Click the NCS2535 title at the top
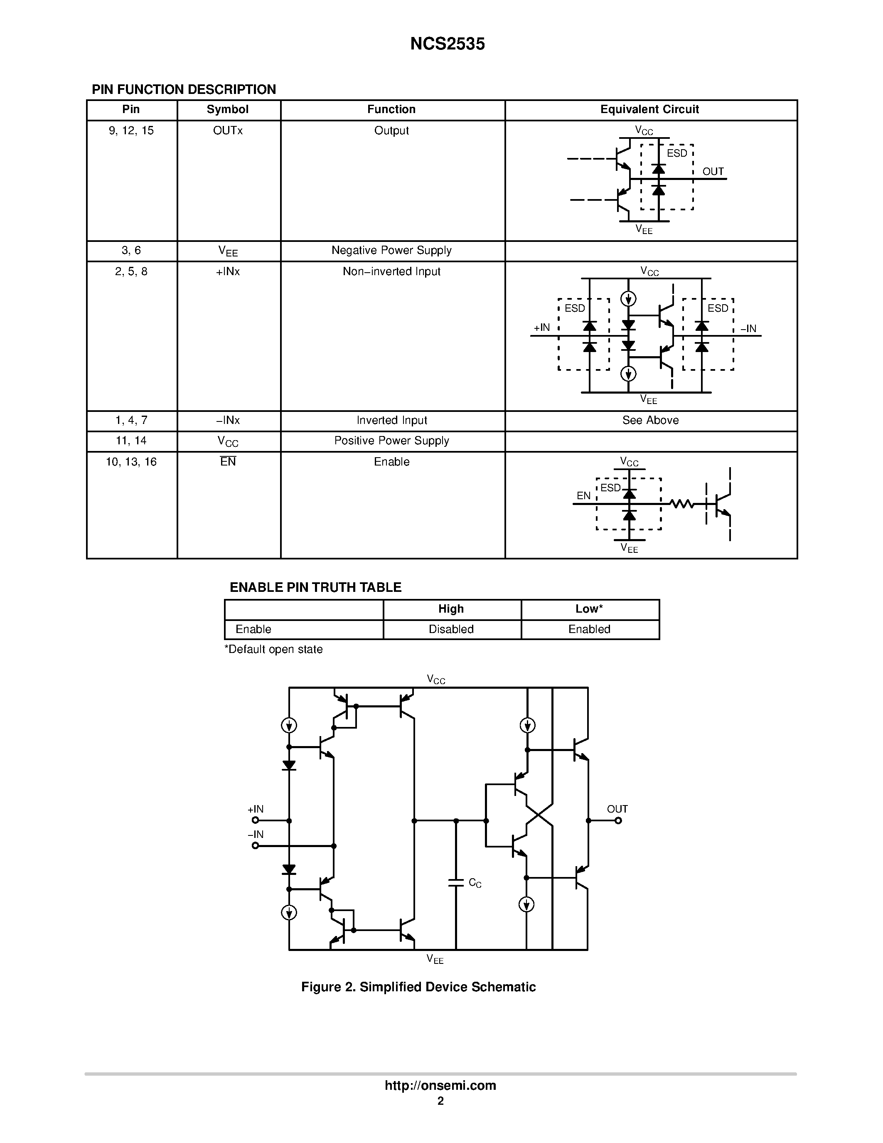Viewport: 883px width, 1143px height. coord(447,44)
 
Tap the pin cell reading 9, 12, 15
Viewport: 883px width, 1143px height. coord(131,131)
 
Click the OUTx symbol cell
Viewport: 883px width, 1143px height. coord(228,131)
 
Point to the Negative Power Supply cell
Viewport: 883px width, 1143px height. coord(391,250)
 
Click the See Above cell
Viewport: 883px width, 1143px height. coord(650,420)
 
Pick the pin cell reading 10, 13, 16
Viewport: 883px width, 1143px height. coord(131,462)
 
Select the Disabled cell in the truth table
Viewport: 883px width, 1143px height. coord(451,629)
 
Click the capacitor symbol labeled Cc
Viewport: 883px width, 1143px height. coord(455,883)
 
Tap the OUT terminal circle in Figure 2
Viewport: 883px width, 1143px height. coord(618,820)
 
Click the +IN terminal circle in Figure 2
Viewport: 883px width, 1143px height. coord(255,820)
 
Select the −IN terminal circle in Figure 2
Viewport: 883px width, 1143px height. coord(255,846)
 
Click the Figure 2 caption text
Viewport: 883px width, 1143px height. coord(418,987)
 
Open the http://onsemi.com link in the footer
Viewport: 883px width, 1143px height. coord(440,1085)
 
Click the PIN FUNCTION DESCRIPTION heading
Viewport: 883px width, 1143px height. coord(184,89)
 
